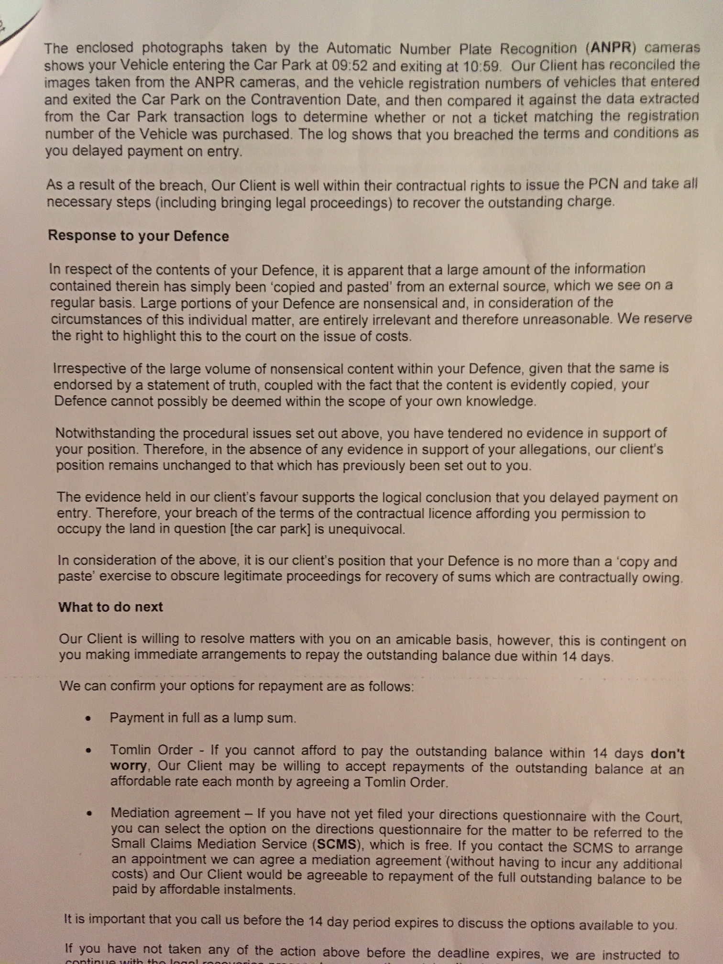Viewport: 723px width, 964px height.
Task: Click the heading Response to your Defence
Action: click(x=138, y=236)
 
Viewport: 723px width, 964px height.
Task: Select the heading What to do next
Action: click(x=110, y=607)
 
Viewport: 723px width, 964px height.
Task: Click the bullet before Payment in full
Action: click(x=88, y=719)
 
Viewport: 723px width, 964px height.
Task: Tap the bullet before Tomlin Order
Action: click(x=88, y=751)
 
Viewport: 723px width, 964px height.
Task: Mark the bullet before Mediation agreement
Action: click(x=89, y=813)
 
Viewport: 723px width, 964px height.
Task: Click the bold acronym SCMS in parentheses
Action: click(x=336, y=844)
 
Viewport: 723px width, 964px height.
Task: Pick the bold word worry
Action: click(x=128, y=766)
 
